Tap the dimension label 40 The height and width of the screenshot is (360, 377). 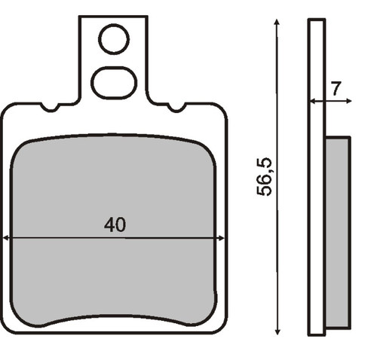click(x=115, y=224)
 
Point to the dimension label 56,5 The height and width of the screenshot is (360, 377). click(x=264, y=176)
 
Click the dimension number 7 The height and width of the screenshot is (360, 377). click(x=336, y=88)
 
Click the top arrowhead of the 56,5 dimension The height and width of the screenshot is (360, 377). click(x=277, y=22)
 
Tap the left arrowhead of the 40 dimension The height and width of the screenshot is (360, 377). click(x=5, y=238)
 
